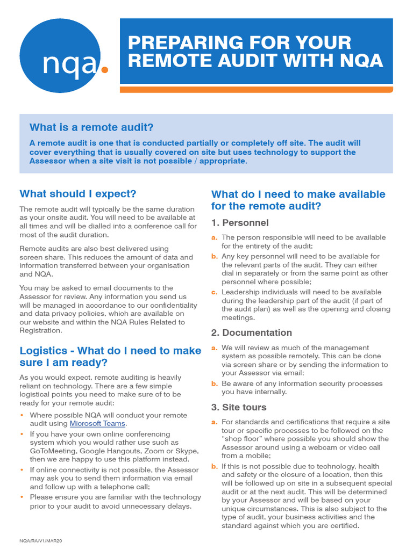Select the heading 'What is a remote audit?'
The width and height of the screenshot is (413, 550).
(91, 127)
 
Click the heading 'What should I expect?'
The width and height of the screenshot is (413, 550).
(78, 193)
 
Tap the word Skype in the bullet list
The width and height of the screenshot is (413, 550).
(187, 451)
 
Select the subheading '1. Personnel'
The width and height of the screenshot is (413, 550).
(240, 223)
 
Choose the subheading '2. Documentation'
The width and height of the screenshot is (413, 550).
(252, 332)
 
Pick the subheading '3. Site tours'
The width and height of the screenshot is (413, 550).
(239, 407)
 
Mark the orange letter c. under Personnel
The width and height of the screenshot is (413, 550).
(214, 292)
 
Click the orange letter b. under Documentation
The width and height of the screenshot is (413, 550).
(214, 383)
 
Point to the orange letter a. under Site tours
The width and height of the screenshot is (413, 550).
(214, 422)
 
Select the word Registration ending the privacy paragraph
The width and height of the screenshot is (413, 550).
(41, 330)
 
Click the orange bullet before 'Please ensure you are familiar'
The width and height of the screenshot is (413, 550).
(22, 497)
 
